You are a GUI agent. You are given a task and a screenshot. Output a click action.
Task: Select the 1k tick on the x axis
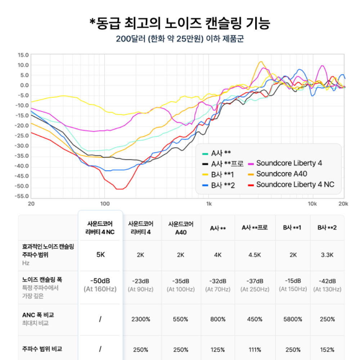click(x=208, y=204)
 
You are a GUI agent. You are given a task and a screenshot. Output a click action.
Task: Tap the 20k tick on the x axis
click(x=343, y=204)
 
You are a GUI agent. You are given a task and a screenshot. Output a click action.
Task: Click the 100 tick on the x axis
click(x=105, y=204)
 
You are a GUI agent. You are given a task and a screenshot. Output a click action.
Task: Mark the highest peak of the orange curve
click(x=261, y=62)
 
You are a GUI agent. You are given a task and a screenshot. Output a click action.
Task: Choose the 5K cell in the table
click(x=100, y=255)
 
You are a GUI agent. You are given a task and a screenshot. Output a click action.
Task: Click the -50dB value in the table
click(x=100, y=281)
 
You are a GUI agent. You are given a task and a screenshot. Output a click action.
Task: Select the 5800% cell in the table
click(x=293, y=319)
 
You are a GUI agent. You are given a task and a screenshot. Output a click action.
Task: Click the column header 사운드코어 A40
click(x=181, y=228)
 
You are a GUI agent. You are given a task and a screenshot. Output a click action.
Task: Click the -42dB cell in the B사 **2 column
click(x=327, y=281)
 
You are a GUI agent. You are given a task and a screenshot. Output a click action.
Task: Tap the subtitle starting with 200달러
click(x=180, y=39)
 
